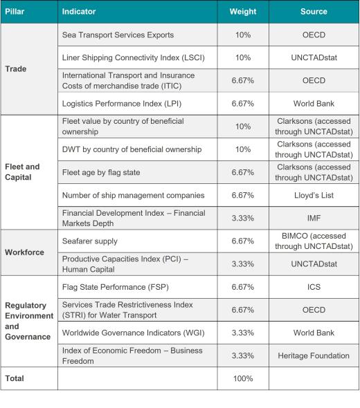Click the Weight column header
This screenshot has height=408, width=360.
tap(242, 12)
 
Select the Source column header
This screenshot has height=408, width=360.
tap(314, 12)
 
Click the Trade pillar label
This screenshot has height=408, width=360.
tap(15, 69)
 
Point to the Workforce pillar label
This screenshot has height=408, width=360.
tap(24, 252)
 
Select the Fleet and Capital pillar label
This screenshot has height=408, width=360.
tap(22, 171)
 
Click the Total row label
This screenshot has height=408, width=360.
tap(15, 378)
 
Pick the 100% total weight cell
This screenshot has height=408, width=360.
tap(242, 378)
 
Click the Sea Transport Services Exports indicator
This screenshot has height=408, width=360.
tap(118, 35)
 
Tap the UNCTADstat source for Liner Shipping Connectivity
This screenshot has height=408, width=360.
tap(314, 57)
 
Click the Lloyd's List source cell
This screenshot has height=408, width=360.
tap(314, 195)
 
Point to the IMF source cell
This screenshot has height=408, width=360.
tap(314, 218)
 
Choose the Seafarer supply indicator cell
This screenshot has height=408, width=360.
tap(90, 241)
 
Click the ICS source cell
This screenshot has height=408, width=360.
tap(314, 287)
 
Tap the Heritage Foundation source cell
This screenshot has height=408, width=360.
tap(314, 355)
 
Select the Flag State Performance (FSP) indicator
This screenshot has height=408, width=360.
tap(115, 287)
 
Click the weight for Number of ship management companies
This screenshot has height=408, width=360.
tap(242, 195)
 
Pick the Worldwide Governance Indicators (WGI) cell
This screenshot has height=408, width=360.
tap(128, 333)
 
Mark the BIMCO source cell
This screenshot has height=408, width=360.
tap(314, 241)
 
